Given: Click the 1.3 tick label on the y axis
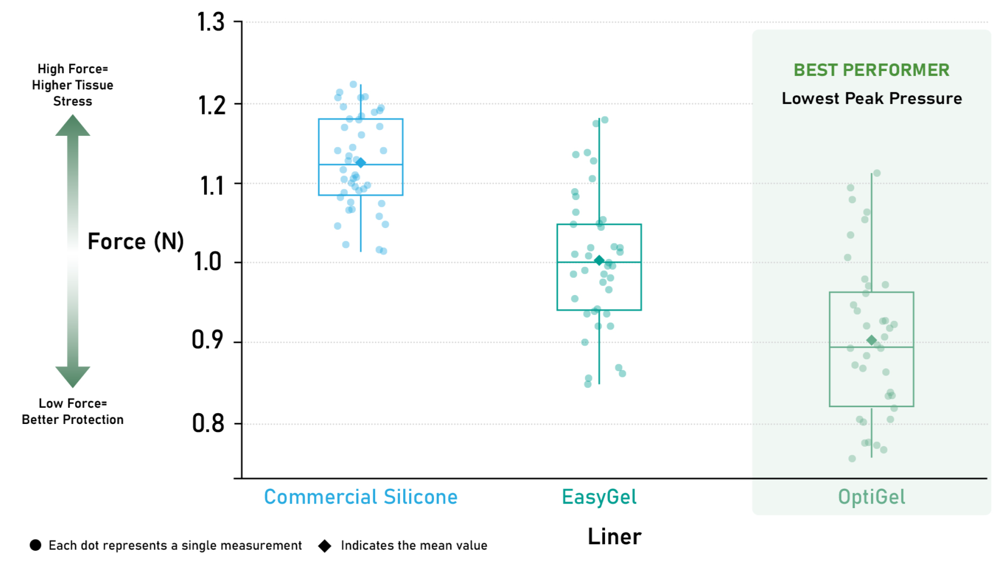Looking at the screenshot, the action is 211,22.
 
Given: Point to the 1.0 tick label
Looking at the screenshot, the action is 208,262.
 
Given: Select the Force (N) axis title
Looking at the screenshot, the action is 136,241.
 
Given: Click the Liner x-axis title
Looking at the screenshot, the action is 614,537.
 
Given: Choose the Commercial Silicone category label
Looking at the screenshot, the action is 361,497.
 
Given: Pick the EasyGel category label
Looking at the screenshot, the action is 599,497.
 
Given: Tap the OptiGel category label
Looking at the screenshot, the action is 871,497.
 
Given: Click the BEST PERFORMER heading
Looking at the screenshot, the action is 871,70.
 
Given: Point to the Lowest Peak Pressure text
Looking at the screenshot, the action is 872,98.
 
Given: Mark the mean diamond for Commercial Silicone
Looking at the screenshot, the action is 361,163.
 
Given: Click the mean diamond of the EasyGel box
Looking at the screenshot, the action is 599,260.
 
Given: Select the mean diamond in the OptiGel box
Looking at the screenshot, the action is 871,340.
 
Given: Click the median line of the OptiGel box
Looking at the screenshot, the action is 871,347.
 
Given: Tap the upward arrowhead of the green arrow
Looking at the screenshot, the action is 73,125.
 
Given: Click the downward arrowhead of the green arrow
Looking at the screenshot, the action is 73,377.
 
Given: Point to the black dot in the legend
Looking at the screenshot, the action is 35,545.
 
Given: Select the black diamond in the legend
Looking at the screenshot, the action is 325,546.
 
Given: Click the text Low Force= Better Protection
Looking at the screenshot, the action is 73,411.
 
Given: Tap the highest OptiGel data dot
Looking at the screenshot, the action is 877,173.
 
